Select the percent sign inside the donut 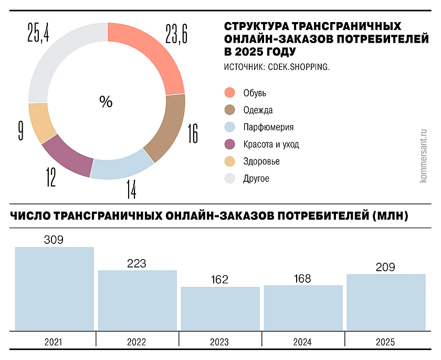106,102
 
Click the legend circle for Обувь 229,93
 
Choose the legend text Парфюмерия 268,127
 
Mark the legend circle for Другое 229,179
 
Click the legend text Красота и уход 271,145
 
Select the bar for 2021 55,289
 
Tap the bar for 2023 220,308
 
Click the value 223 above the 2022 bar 137,263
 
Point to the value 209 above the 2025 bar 386,267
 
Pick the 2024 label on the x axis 303,342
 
